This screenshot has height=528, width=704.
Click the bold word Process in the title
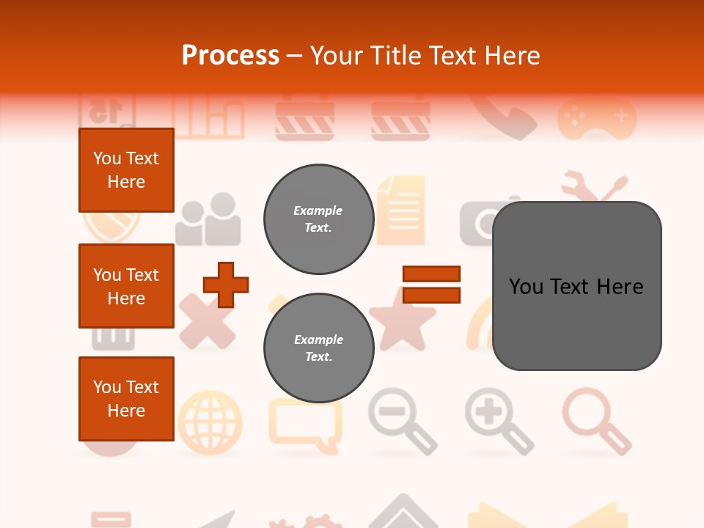(230, 55)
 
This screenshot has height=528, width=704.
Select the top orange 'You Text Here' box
(126, 170)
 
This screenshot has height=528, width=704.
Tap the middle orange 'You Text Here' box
(126, 286)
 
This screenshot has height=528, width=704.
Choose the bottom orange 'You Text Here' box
(126, 399)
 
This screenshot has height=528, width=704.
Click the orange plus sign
(226, 285)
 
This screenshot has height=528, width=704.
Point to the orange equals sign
(431, 285)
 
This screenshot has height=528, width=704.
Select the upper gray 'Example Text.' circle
(318, 219)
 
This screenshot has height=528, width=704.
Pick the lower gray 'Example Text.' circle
(318, 348)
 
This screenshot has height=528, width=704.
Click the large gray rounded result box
(576, 286)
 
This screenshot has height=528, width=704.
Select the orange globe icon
(210, 422)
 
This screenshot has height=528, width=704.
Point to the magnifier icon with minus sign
(402, 420)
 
